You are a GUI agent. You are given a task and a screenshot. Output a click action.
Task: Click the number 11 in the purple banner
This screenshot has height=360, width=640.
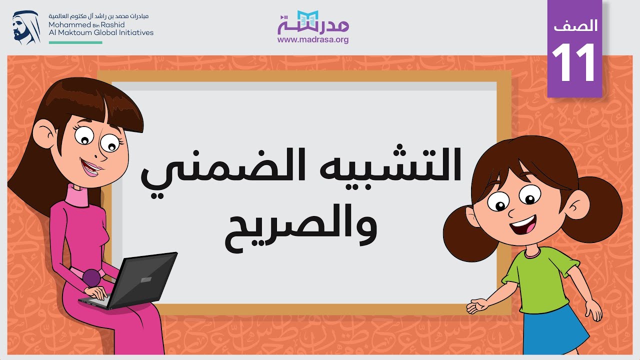pos(574,63)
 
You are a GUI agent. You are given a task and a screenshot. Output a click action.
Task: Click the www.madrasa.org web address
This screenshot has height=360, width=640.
pos(313,39)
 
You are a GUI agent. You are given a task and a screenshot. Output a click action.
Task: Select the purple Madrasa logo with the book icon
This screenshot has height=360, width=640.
pos(313,22)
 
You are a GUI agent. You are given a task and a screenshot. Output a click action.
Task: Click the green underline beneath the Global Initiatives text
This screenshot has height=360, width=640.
pos(75,42)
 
